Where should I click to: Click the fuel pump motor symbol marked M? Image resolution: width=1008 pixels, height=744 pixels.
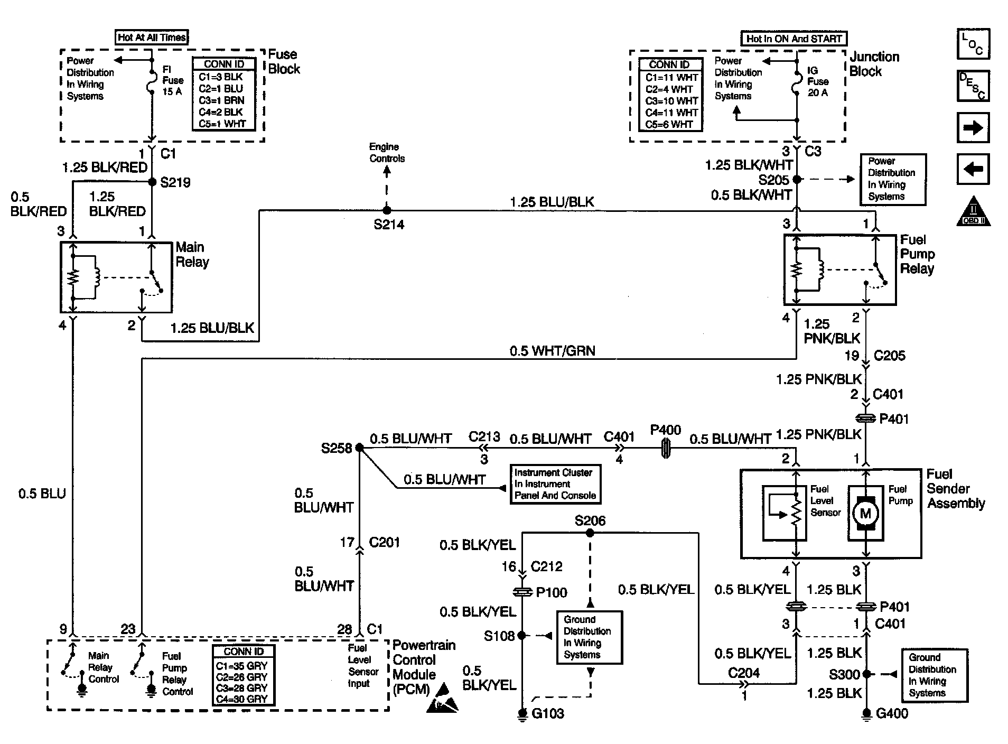click(x=865, y=513)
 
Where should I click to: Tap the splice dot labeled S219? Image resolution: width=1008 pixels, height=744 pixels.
click(x=152, y=182)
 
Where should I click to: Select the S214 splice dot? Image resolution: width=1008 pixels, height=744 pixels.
click(x=387, y=210)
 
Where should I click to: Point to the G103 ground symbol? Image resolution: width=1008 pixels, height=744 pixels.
click(x=522, y=714)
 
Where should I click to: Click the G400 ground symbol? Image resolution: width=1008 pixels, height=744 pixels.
click(x=866, y=714)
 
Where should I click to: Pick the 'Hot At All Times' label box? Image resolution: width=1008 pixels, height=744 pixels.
click(x=152, y=38)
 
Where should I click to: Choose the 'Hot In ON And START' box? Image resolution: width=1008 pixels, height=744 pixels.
click(x=794, y=39)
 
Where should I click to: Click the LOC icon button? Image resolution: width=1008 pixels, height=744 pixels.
click(x=973, y=44)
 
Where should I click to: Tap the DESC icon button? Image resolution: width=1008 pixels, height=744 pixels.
click(x=973, y=86)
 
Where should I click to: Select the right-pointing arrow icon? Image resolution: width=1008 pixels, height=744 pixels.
click(x=973, y=127)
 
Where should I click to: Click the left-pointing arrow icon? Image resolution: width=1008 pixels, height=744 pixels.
click(x=973, y=169)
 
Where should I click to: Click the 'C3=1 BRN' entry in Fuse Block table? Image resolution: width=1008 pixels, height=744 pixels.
click(x=221, y=100)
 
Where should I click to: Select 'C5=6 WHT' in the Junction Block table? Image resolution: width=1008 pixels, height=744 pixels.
click(x=669, y=125)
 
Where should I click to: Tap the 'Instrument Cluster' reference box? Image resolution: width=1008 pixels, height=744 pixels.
click(x=555, y=484)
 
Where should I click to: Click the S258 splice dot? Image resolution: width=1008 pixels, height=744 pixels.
click(x=359, y=448)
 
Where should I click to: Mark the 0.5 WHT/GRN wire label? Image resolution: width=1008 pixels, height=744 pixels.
click(x=552, y=351)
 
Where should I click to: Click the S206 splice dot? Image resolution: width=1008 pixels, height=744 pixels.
click(x=590, y=533)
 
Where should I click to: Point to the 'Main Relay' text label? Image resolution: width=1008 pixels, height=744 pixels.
click(x=192, y=255)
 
